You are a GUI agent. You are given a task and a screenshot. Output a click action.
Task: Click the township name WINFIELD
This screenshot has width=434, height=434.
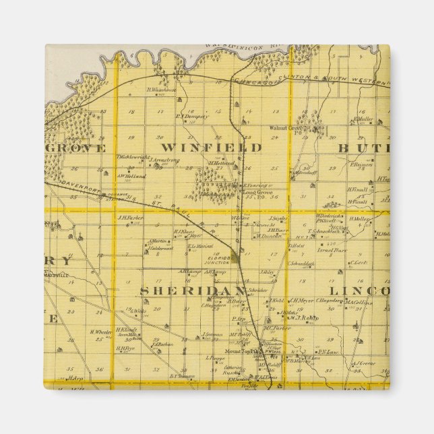coord(211,147)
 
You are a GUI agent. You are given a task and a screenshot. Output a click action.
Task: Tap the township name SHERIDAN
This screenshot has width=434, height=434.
coord(183,290)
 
